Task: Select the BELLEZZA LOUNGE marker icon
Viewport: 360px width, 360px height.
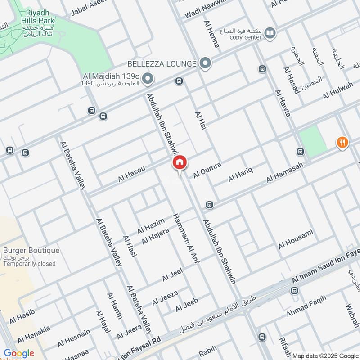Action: click(x=205, y=63)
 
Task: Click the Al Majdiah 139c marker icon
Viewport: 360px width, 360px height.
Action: click(x=148, y=80)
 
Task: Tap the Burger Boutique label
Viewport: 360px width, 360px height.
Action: click(x=31, y=251)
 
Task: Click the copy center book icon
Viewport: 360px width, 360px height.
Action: click(x=270, y=32)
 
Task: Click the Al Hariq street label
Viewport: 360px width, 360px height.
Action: click(x=241, y=174)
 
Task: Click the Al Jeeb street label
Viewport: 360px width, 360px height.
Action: click(x=187, y=305)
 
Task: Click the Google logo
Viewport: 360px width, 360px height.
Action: click(x=19, y=353)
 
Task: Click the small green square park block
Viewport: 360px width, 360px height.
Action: click(x=313, y=141)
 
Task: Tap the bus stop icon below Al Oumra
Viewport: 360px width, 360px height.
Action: click(x=209, y=205)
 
